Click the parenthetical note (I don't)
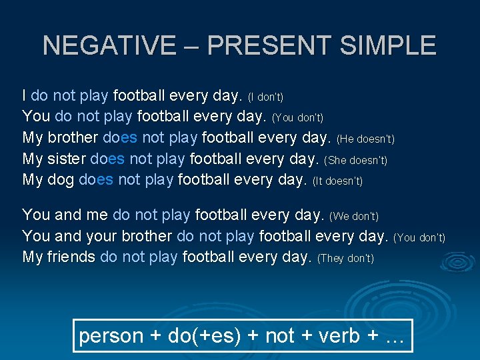265,98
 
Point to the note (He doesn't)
365,139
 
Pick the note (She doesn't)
355,160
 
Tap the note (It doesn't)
337,181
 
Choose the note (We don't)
354,217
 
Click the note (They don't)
345,258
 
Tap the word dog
61,179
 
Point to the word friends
71,257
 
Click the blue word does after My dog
96,179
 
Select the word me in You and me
97,215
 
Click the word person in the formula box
111,336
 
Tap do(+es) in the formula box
204,336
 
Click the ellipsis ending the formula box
395,336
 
